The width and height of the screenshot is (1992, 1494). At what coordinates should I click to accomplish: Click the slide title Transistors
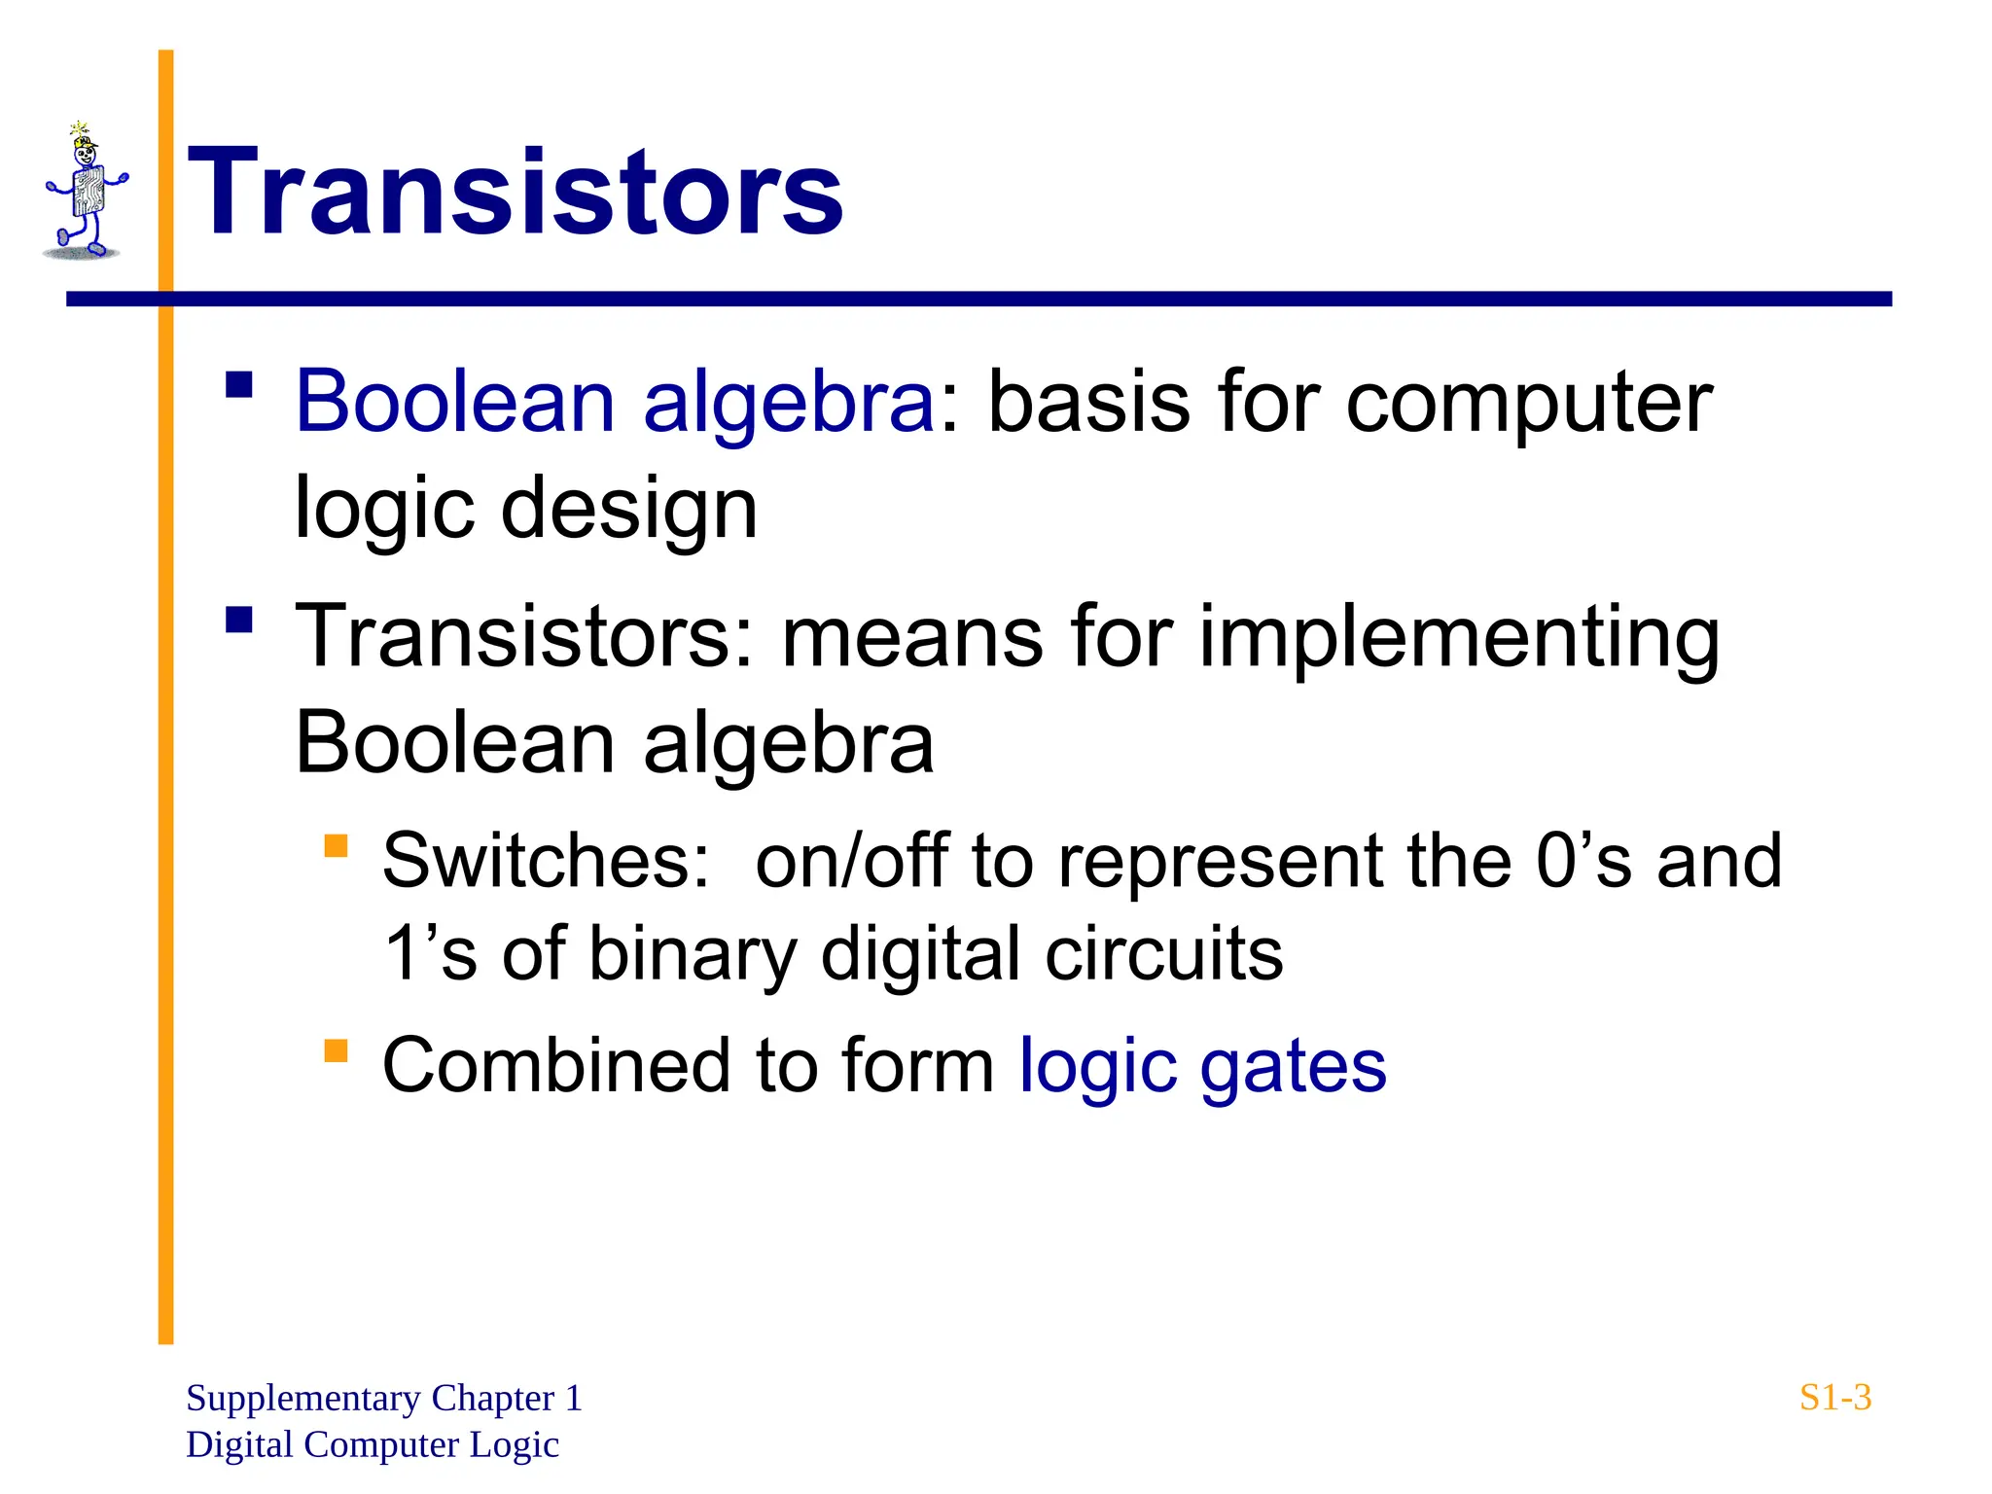pyautogui.click(x=516, y=192)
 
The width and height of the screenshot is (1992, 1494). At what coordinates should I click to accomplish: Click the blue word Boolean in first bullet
pyautogui.click(x=455, y=402)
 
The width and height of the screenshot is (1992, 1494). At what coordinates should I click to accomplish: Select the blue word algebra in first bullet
pyautogui.click(x=789, y=402)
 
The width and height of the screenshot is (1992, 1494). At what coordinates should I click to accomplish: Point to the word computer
pyautogui.click(x=1529, y=402)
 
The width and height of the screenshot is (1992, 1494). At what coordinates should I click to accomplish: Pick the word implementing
pyautogui.click(x=1459, y=637)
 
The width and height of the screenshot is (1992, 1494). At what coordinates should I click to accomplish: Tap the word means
pyautogui.click(x=912, y=637)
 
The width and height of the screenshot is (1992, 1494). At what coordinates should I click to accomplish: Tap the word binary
pyautogui.click(x=693, y=954)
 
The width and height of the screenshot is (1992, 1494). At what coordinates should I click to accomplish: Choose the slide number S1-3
pyautogui.click(x=1834, y=1398)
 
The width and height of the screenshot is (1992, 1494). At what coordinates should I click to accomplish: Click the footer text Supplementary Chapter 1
pyautogui.click(x=383, y=1398)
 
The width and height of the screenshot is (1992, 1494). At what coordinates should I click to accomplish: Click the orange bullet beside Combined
pyautogui.click(x=336, y=1051)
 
